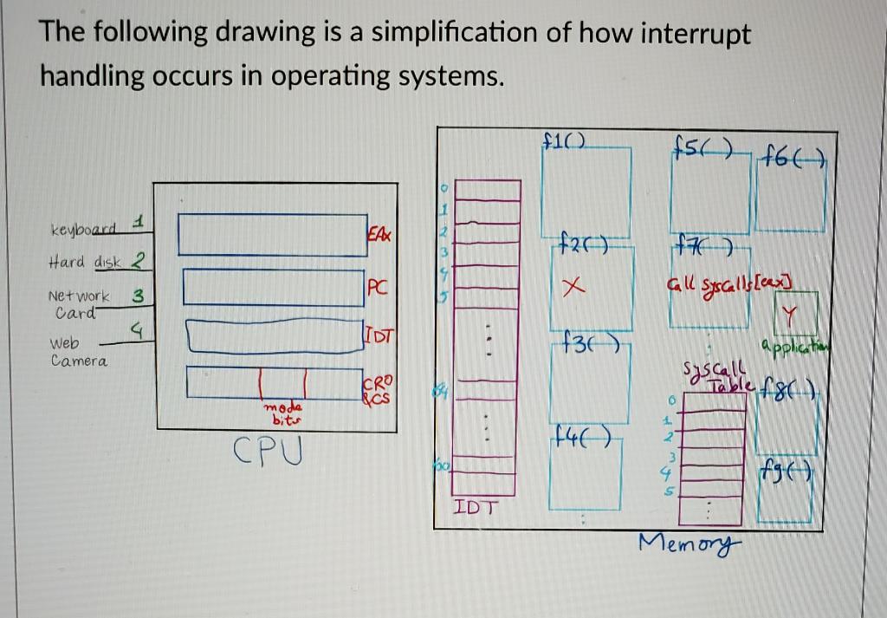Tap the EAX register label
(379, 235)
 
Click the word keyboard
(83, 231)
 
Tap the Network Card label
(78, 302)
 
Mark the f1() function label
(564, 139)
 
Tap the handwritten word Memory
(690, 543)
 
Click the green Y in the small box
(788, 322)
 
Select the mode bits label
(282, 413)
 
